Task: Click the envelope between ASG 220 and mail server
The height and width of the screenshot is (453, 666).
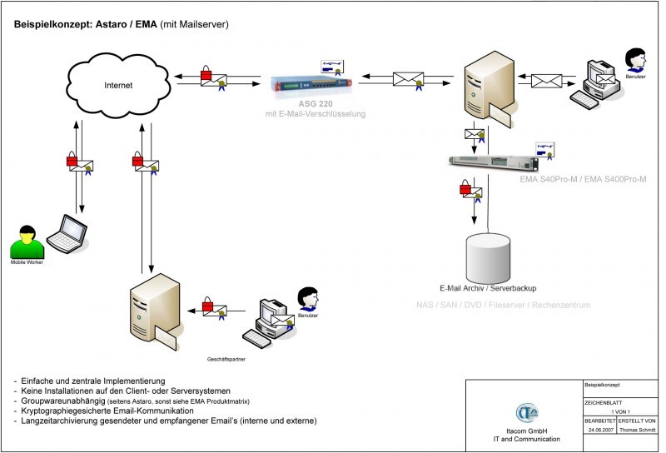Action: [x=410, y=80]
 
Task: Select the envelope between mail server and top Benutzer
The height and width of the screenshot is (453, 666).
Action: [x=548, y=81]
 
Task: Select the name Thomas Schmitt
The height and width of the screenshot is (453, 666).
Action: [x=638, y=431]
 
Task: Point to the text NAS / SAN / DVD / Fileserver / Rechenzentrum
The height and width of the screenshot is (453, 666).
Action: [x=503, y=306]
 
